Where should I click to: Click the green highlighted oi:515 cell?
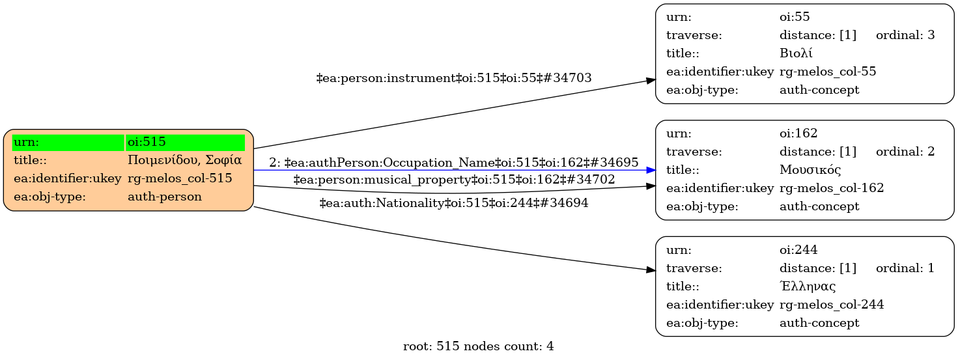[x=185, y=143]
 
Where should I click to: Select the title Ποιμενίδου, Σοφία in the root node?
[x=185, y=160]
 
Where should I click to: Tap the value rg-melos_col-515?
[x=180, y=178]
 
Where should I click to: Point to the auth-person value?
[x=165, y=197]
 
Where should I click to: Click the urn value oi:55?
[x=795, y=17]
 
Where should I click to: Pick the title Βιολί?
[x=796, y=53]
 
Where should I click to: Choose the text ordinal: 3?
[x=905, y=35]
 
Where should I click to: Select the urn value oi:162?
[x=798, y=133]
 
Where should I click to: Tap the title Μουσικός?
[x=810, y=170]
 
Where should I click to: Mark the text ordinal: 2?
[x=905, y=152]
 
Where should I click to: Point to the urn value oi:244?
[x=798, y=250]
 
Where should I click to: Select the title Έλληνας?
[x=808, y=286]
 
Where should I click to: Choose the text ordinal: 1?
[x=905, y=268]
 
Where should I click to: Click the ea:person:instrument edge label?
[x=454, y=78]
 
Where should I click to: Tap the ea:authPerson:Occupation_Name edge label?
[x=454, y=163]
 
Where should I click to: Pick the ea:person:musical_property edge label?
[x=454, y=180]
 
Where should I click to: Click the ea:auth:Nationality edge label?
[x=454, y=202]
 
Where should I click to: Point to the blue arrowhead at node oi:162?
[x=651, y=170]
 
